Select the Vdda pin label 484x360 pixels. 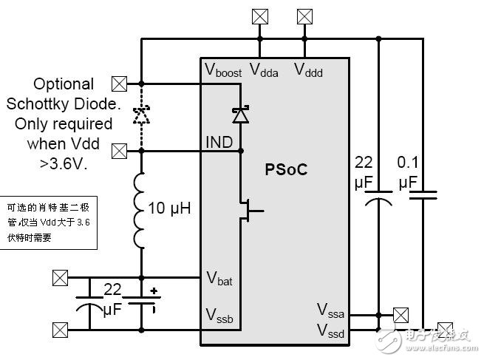tap(264, 70)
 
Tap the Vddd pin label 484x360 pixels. tap(309, 70)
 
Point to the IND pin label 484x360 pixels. tap(219, 141)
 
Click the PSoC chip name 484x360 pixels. tap(286, 169)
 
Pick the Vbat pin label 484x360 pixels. tap(219, 279)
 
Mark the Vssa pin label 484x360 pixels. tap(331, 309)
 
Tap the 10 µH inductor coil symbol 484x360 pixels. tap(140, 211)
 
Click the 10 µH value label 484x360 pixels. tap(170, 209)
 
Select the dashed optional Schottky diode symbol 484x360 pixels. tap(140, 115)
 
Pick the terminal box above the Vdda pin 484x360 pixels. tap(260, 16)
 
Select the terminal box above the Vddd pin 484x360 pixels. tap(304, 16)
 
